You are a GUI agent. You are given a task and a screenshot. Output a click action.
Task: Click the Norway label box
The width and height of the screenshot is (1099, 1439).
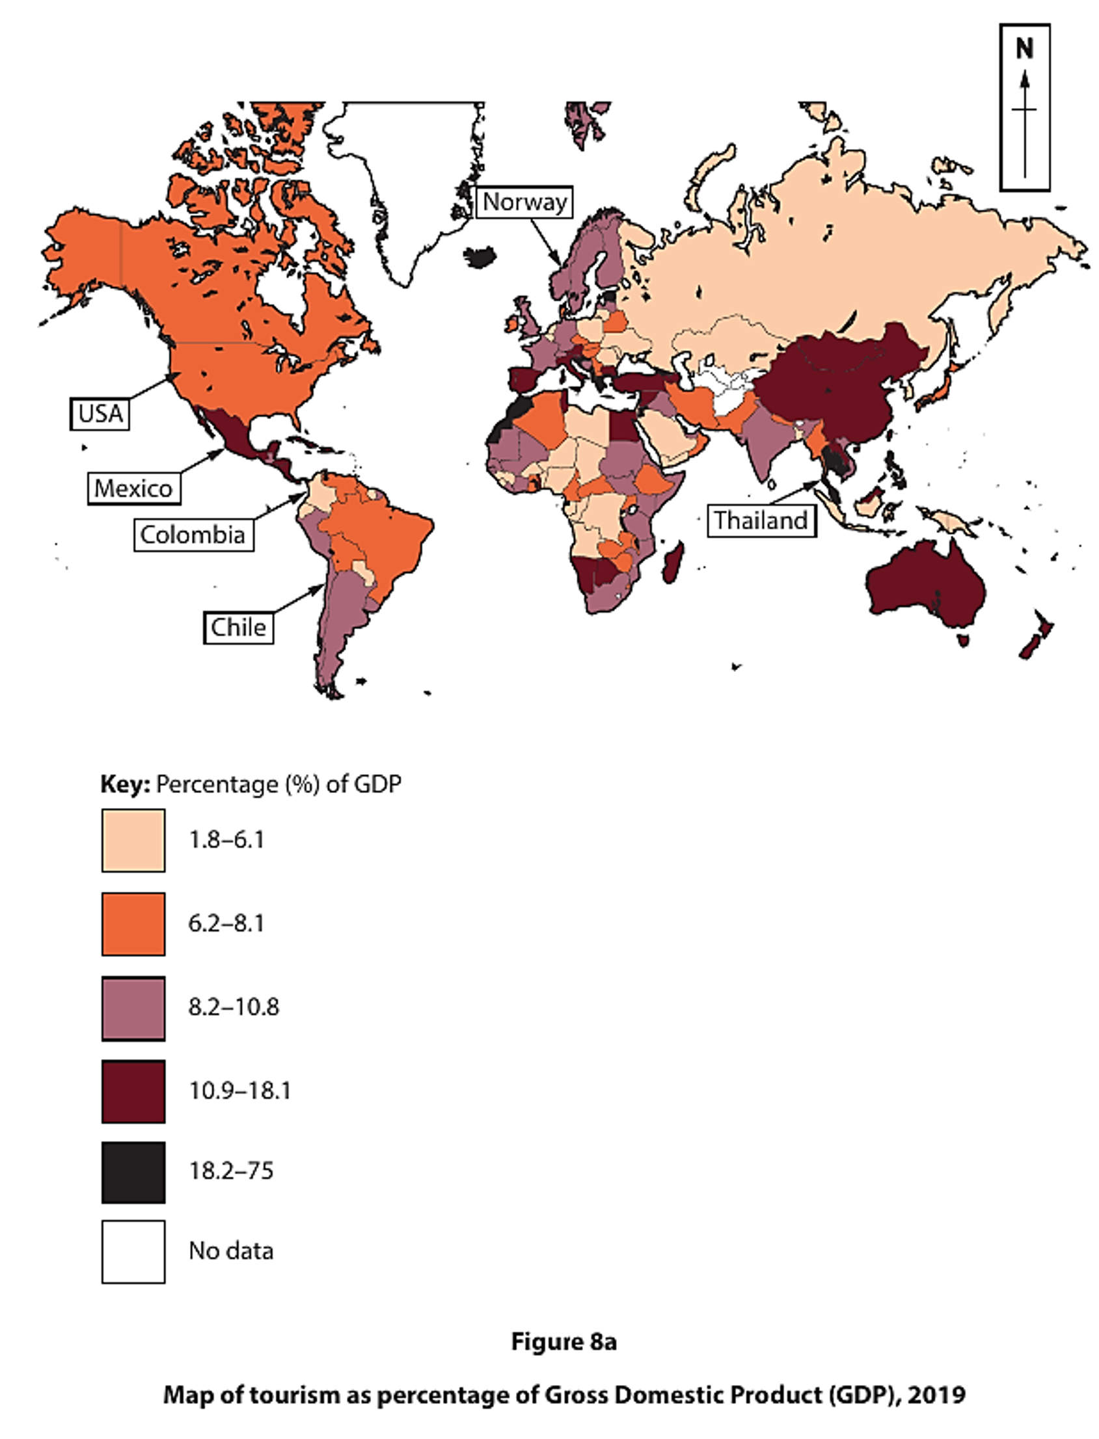(x=524, y=202)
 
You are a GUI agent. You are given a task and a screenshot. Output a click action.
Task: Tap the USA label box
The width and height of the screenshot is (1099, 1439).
(x=100, y=413)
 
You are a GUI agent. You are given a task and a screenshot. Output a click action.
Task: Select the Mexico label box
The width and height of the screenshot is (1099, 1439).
(x=133, y=488)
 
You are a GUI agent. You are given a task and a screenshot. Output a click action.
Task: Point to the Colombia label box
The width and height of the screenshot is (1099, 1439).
(x=193, y=534)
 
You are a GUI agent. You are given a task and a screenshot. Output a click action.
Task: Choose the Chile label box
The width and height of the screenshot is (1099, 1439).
(x=238, y=627)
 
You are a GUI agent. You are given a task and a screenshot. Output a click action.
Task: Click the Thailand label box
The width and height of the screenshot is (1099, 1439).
(x=761, y=520)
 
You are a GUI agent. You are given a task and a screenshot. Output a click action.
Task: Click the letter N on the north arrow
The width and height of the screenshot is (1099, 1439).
(x=1024, y=48)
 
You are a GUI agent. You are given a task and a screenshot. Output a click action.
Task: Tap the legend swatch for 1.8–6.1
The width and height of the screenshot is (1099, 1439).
(x=133, y=841)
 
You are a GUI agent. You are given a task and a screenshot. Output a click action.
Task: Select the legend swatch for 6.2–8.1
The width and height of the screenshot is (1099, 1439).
(x=133, y=924)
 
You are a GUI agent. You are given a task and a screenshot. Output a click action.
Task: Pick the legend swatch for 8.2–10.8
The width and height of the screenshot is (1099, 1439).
(x=133, y=1008)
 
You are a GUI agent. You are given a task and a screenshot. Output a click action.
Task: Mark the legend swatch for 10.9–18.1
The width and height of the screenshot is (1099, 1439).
(x=133, y=1091)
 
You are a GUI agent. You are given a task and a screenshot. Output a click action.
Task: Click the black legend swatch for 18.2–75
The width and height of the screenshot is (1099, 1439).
(x=133, y=1172)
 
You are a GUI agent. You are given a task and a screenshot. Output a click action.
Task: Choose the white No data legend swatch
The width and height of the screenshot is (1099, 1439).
(x=133, y=1251)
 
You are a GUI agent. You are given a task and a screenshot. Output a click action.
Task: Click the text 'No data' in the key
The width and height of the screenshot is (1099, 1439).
(x=231, y=1250)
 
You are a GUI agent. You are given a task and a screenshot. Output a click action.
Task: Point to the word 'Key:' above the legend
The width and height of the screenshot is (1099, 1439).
(x=125, y=784)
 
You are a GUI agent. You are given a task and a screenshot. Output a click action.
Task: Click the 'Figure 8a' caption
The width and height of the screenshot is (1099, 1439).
(x=563, y=1341)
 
